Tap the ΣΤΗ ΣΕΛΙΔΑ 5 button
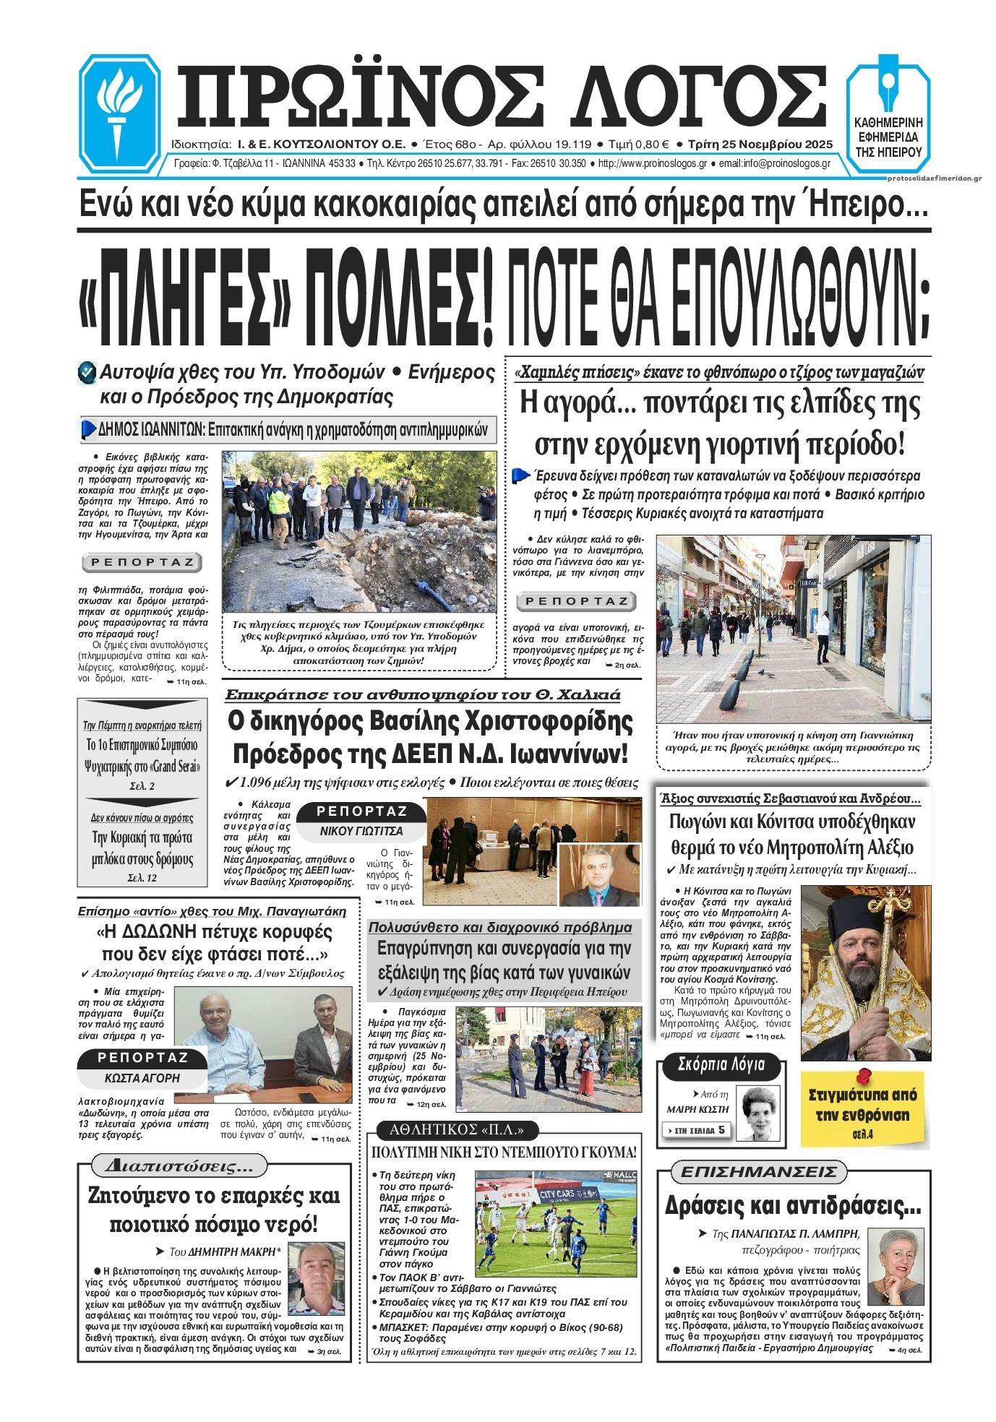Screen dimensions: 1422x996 695,1130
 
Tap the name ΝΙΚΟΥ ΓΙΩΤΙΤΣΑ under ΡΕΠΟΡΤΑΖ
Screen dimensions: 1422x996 361,831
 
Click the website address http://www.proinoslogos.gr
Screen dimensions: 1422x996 653,164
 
